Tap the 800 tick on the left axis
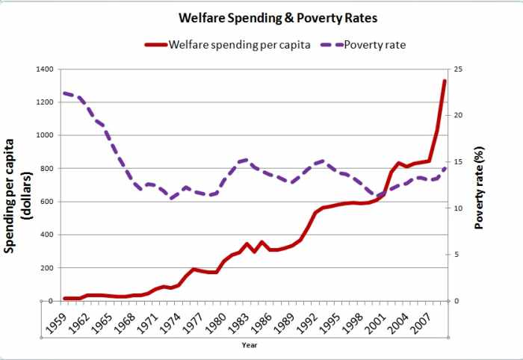point(46,169)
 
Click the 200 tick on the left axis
point(46,268)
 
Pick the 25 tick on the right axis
point(458,69)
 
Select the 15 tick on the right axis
point(458,162)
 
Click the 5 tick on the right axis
point(456,255)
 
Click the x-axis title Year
point(250,345)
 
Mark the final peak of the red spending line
point(445,81)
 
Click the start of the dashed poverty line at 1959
point(64,93)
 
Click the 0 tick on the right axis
point(456,301)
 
